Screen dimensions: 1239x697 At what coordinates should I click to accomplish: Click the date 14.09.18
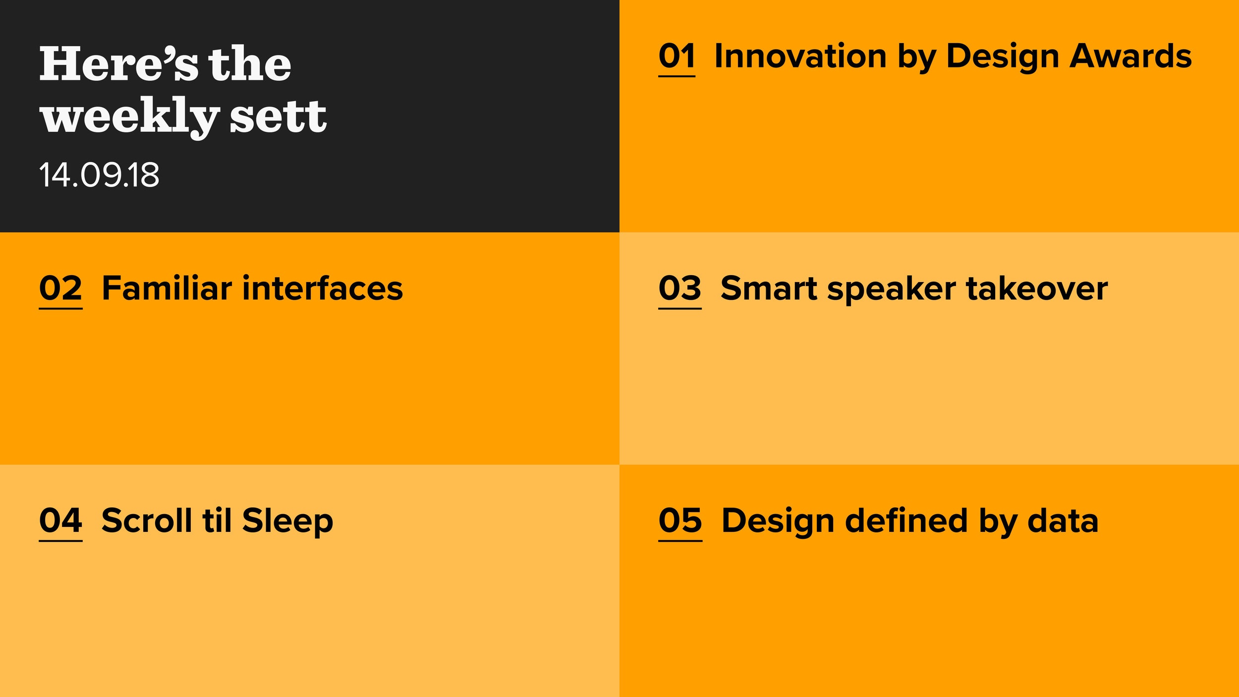click(99, 175)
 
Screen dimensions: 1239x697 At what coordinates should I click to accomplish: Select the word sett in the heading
click(278, 116)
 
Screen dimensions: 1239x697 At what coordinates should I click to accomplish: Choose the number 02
click(60, 289)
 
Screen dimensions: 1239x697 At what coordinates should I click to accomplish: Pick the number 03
click(680, 289)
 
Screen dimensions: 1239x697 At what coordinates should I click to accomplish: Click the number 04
click(60, 521)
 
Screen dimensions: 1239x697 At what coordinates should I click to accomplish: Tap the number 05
click(680, 521)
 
